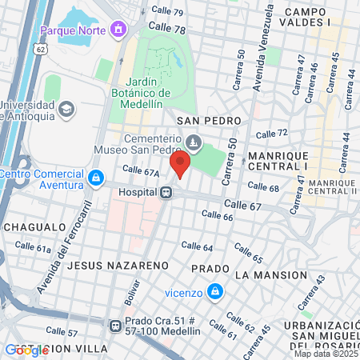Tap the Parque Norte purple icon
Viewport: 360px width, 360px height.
pos(119,30)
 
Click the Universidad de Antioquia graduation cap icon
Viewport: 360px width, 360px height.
pos(66,108)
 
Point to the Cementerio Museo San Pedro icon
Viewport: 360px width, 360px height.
pos(193,142)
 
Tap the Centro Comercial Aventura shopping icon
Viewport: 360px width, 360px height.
pos(96,177)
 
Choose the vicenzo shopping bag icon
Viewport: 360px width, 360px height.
pos(214,291)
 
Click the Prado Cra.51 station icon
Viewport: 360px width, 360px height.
pos(115,326)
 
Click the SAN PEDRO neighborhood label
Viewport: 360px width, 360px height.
pos(210,120)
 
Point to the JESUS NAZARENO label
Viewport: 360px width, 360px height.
pos(118,264)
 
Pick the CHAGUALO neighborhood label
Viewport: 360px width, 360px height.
pos(34,226)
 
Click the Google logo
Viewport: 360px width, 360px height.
pos(27,350)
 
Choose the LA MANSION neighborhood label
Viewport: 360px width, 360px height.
pos(271,274)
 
